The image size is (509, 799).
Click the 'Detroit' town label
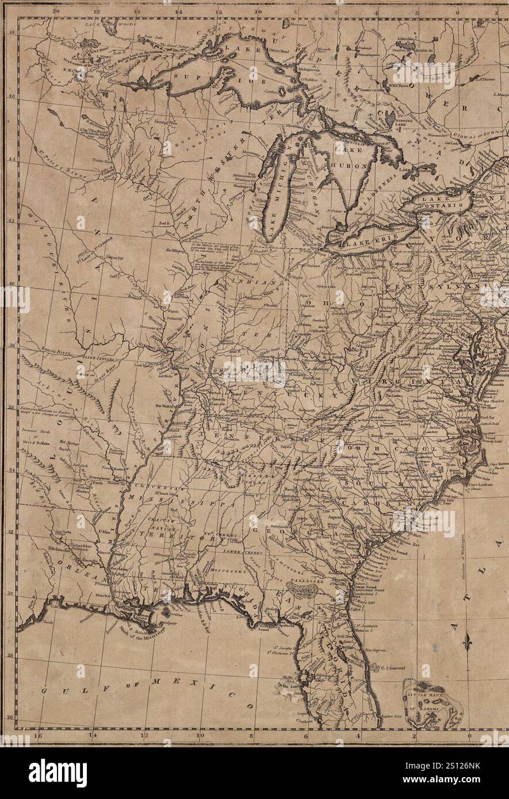click(329, 228)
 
